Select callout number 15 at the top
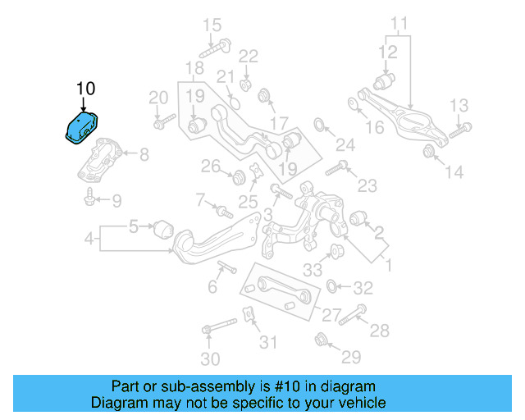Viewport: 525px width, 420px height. coord(212,24)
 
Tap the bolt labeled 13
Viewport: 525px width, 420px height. coord(461,127)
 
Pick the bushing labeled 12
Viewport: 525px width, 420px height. coord(384,82)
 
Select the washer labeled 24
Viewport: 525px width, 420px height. coord(321,126)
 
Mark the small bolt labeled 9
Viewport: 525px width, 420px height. coord(87,197)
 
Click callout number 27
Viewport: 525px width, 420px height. coord(331,315)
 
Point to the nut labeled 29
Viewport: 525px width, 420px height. coord(321,338)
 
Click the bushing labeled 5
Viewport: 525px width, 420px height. coord(162,226)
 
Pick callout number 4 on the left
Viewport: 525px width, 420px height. coord(88,240)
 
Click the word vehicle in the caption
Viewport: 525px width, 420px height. coord(356,403)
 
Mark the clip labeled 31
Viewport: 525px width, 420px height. coord(247,314)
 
